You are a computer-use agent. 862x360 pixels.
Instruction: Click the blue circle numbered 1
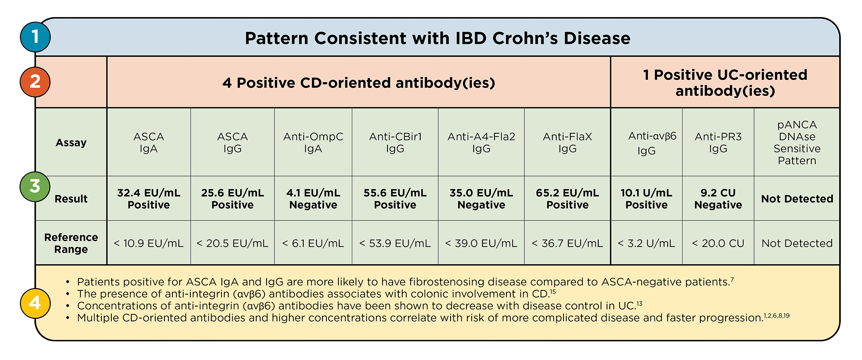[x=35, y=37]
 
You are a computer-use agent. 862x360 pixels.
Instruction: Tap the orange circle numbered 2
[x=35, y=82]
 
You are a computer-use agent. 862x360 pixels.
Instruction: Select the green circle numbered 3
[x=35, y=186]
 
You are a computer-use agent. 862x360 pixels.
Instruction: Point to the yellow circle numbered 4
[x=35, y=303]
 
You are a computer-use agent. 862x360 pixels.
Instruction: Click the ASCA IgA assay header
[x=148, y=142]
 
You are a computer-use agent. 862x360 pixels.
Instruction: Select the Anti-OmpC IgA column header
[x=313, y=142]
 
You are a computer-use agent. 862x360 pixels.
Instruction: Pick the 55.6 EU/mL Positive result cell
[x=395, y=199]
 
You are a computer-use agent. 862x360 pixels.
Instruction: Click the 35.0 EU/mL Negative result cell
[x=481, y=199]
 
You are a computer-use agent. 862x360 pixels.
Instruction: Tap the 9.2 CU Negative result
[x=718, y=199]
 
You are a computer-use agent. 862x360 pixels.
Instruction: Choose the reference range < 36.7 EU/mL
[x=567, y=243]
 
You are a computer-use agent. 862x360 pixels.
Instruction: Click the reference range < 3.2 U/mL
[x=646, y=243]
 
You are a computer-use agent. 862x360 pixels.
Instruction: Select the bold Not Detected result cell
[x=797, y=199]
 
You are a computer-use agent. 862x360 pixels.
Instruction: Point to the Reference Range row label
[x=71, y=243]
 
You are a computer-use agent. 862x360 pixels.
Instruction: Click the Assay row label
[x=71, y=142]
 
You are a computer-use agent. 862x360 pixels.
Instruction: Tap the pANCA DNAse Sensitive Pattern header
[x=797, y=142]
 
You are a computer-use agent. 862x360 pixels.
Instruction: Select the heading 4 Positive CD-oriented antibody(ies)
[x=358, y=83]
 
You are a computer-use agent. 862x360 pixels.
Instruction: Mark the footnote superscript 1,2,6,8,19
[x=777, y=316]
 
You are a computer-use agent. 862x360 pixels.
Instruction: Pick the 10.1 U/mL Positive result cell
[x=646, y=199]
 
